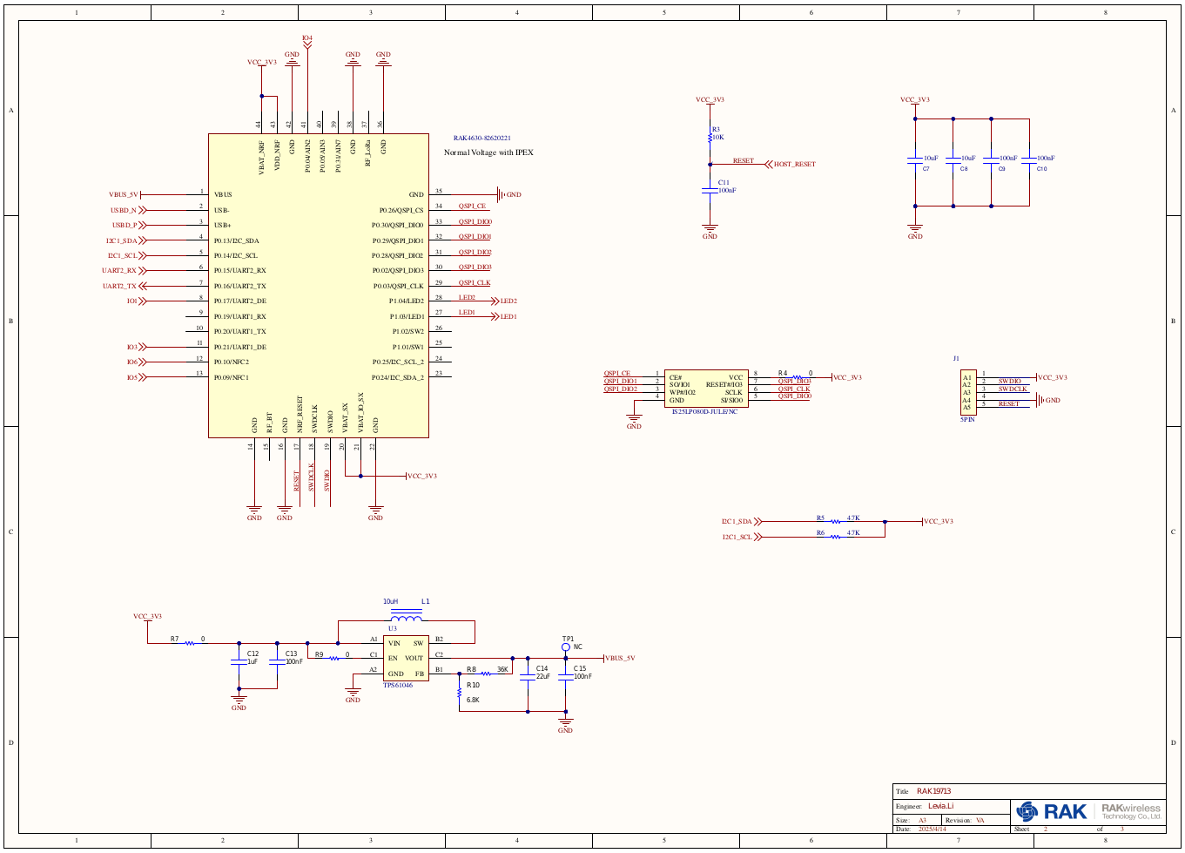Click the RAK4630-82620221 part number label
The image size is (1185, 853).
(481, 139)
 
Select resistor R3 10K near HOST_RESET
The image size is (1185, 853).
(710, 136)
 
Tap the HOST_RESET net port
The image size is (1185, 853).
(794, 164)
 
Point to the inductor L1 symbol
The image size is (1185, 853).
(407, 618)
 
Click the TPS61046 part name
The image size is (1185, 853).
(398, 686)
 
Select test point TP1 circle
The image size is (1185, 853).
(566, 647)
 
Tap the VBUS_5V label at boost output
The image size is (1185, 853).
(620, 659)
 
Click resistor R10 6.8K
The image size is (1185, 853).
(460, 694)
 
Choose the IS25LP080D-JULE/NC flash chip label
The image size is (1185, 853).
(704, 411)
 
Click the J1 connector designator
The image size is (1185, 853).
(956, 359)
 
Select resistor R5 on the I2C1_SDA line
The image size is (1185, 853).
(834, 522)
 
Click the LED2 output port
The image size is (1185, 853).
(508, 301)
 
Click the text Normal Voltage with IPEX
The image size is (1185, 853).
(488, 152)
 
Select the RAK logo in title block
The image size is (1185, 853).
(1052, 812)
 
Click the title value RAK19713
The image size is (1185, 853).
(933, 791)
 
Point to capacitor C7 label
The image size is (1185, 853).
(926, 169)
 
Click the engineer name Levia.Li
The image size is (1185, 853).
(940, 806)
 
